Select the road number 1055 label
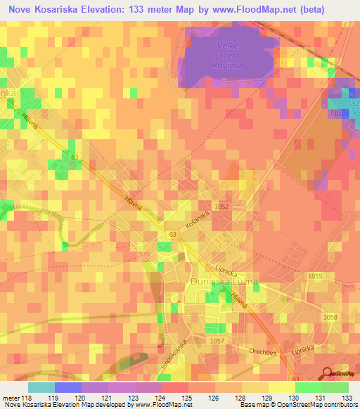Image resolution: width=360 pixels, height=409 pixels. point(315,277)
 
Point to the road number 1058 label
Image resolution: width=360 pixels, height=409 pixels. point(330,318)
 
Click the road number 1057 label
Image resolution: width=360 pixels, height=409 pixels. point(217,340)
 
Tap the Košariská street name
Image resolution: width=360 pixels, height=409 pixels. point(198,221)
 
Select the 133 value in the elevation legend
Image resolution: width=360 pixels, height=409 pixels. point(347,397)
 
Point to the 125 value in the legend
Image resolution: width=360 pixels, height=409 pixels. point(188,397)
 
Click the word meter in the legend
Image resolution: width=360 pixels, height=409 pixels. point(10,397)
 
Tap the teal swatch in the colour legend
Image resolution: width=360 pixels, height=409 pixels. point(41,387)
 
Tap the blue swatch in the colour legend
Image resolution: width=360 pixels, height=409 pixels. point(67,387)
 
